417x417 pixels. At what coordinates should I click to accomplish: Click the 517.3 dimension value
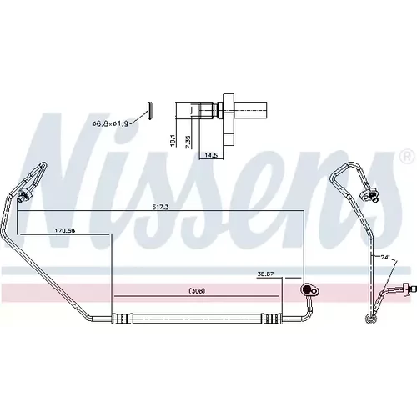(x=161, y=207)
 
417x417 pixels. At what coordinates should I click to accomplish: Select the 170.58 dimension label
(x=65, y=230)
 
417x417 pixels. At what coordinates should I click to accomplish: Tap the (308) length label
(x=197, y=291)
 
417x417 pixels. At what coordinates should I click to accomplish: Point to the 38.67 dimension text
(x=265, y=274)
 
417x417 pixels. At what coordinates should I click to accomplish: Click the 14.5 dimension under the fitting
(x=211, y=155)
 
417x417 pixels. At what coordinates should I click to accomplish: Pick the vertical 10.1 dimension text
(x=173, y=140)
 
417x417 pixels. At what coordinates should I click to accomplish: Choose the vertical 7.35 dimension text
(x=188, y=143)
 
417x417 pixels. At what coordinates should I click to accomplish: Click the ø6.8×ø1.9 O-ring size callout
(x=110, y=123)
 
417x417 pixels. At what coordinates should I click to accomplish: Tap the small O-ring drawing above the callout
(x=150, y=111)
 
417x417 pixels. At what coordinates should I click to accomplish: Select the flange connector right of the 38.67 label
(x=309, y=290)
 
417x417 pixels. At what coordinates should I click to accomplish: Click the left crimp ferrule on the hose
(x=122, y=319)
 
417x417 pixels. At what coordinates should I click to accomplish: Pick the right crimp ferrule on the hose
(x=272, y=319)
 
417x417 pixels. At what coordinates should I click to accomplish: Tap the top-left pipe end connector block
(x=23, y=196)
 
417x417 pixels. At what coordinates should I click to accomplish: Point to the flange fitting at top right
(x=369, y=194)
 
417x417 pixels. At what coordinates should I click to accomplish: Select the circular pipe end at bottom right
(x=369, y=319)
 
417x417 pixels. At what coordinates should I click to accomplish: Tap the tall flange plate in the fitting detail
(x=229, y=119)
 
